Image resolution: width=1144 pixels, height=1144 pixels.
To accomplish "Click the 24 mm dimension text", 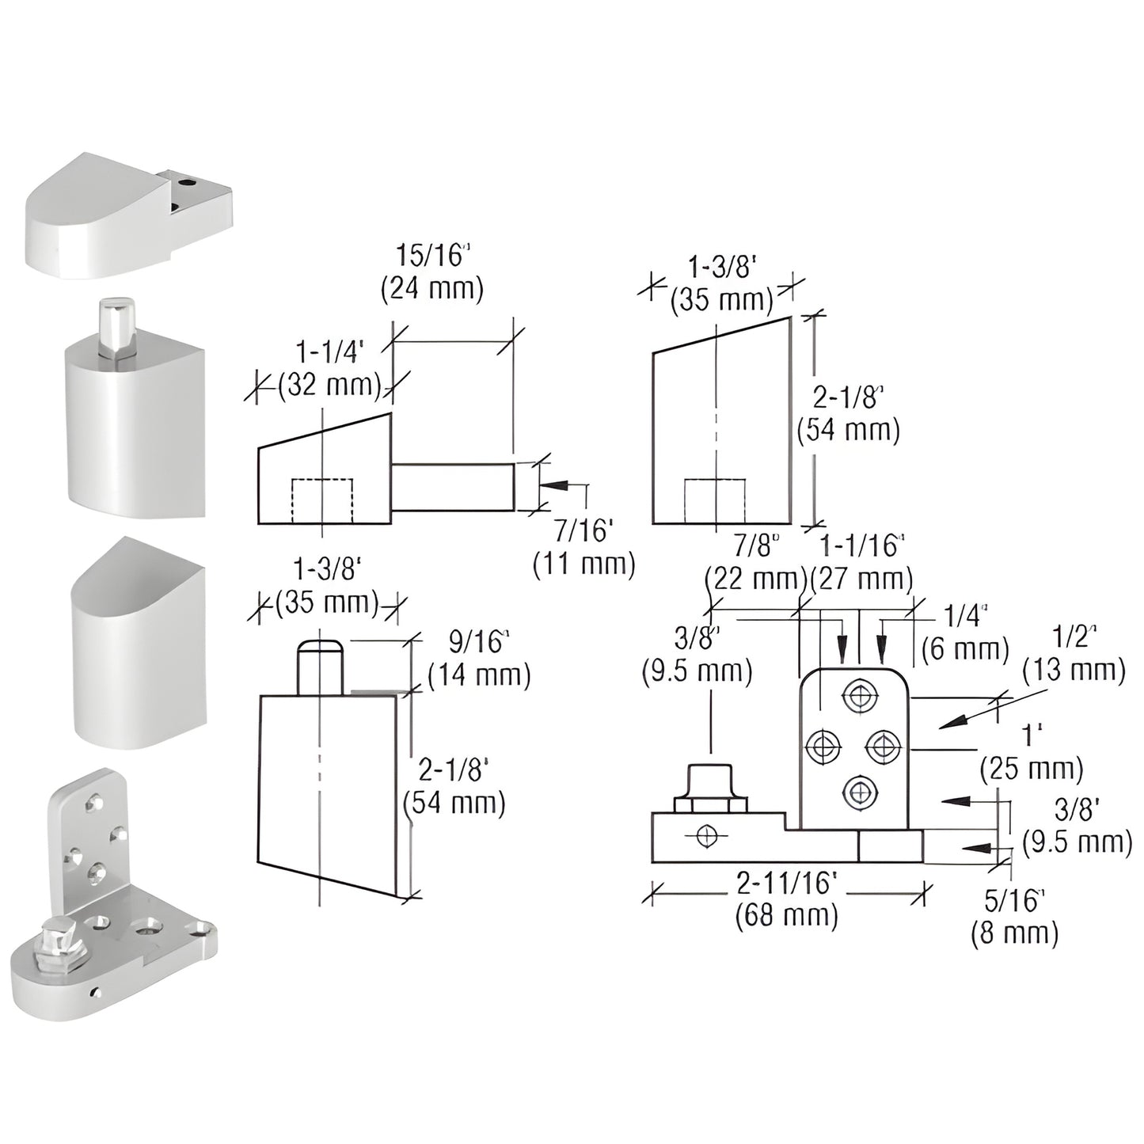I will (431, 288).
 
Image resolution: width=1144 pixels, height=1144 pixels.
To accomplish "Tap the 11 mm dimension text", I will (583, 564).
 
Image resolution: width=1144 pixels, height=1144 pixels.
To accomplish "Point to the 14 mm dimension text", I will (478, 675).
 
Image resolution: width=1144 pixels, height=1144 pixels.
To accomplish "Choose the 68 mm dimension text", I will (786, 916).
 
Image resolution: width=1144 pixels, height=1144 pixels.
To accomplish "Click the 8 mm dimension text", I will (1014, 933).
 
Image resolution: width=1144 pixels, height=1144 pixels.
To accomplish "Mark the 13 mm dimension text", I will (1074, 671).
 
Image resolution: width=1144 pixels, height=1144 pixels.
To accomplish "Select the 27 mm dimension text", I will (861, 579).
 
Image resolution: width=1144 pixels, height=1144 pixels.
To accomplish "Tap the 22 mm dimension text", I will (755, 579).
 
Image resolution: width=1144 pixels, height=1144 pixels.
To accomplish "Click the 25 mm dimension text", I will (1032, 768).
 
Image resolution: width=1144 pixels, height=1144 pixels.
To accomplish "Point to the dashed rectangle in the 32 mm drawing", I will (322, 500).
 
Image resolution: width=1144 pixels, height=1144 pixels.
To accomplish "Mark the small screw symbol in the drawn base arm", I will (708, 836).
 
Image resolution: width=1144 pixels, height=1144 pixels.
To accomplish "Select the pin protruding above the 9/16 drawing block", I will (320, 667).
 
